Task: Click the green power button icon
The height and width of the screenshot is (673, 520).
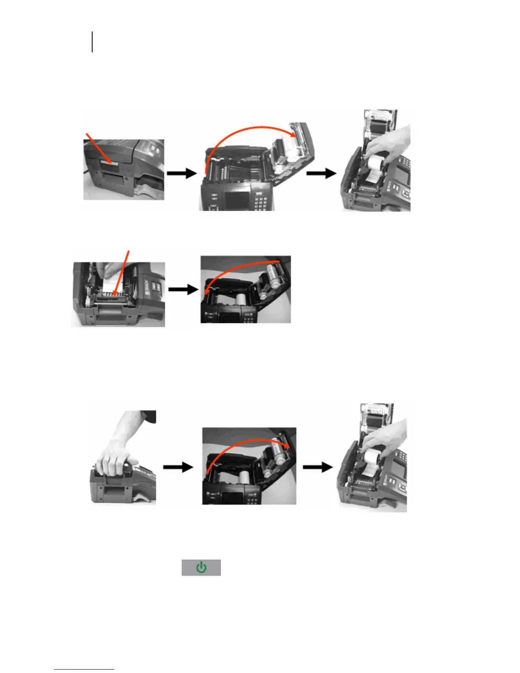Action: [201, 568]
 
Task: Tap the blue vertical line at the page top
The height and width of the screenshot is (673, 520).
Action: [92, 42]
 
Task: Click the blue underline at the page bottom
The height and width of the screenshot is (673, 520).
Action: [84, 670]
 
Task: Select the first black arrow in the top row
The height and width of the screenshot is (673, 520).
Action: [182, 173]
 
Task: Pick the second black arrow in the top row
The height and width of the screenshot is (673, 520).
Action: [321, 173]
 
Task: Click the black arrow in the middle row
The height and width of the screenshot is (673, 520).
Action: [184, 289]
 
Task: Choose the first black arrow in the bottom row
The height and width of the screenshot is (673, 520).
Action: [178, 467]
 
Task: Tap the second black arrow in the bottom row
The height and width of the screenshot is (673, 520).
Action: [317, 467]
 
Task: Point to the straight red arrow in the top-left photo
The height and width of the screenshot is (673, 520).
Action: [99, 149]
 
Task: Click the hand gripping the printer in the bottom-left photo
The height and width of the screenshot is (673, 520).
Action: [115, 459]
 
